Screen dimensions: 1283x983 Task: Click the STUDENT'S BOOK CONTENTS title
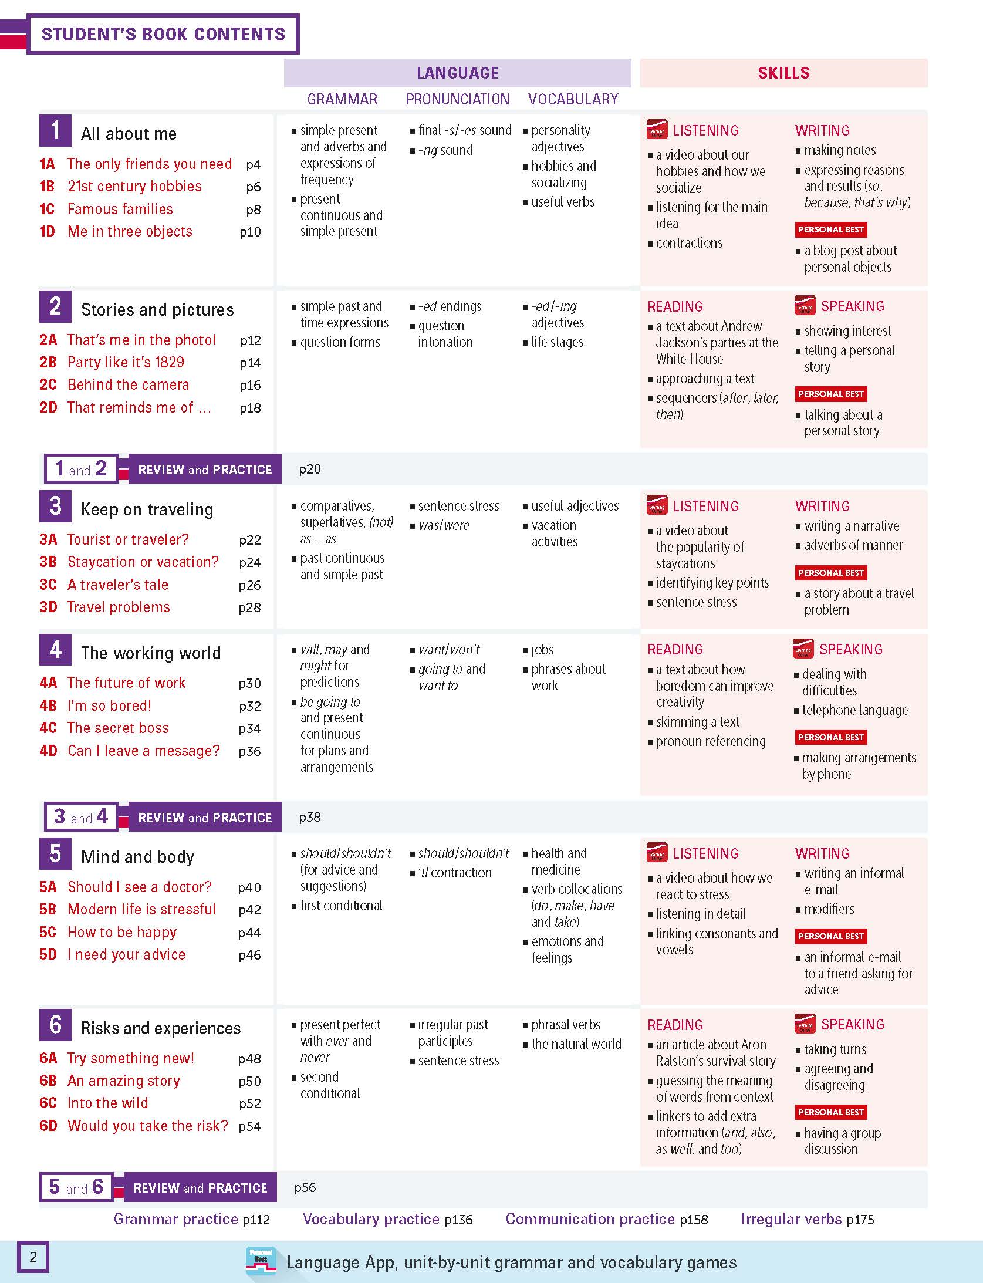tap(163, 34)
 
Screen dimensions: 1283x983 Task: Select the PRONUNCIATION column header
tap(458, 99)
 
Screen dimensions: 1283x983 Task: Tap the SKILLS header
tap(783, 73)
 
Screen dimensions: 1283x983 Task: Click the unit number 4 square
tap(55, 650)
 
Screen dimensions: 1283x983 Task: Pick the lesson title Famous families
tap(120, 209)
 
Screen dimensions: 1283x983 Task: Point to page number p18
tap(250, 408)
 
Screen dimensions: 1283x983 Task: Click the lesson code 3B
tap(48, 562)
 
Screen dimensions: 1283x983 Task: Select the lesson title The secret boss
tap(118, 728)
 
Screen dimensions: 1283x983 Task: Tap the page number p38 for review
tap(310, 817)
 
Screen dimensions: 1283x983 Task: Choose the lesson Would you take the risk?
tap(147, 1125)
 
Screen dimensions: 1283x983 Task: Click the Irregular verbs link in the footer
tap(791, 1219)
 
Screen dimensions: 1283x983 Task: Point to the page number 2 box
tap(33, 1257)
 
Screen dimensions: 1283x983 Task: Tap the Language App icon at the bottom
tap(261, 1262)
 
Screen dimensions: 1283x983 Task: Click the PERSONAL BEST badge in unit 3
tap(830, 573)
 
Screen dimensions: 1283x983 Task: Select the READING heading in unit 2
tap(675, 306)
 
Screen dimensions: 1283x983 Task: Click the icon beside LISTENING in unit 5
tap(657, 853)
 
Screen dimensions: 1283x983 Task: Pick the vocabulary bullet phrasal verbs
tap(566, 1025)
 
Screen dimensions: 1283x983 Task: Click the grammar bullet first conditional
tap(341, 906)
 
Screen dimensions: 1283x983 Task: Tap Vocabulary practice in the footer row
tap(371, 1219)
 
